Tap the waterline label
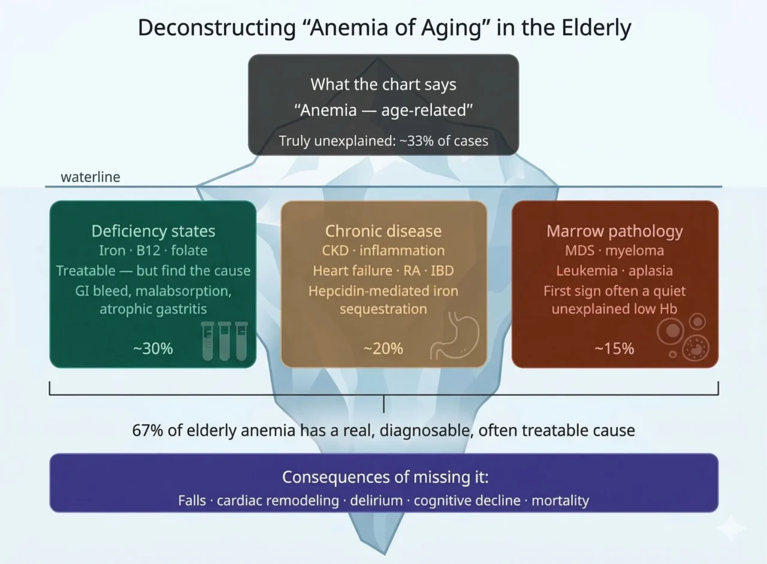[90, 177]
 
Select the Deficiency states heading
[153, 231]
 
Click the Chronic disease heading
[383, 231]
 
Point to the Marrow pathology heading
[614, 231]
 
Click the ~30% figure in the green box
[153, 348]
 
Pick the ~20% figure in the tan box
[383, 348]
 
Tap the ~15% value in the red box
[614, 348]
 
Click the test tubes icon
[225, 340]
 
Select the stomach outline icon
[455, 337]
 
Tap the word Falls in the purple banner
[192, 500]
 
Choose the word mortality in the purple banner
[560, 500]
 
